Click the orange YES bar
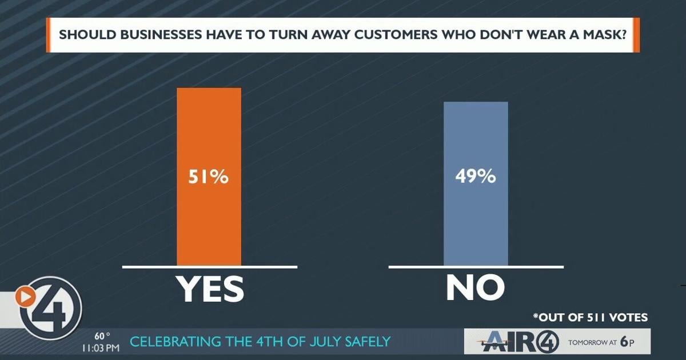click(x=209, y=177)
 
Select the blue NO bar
click(x=476, y=183)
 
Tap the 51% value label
click(x=209, y=177)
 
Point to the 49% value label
click(x=476, y=177)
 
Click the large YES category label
click(x=211, y=289)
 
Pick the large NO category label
click(x=475, y=288)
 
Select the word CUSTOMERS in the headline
click(x=396, y=35)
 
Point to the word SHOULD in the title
click(x=87, y=35)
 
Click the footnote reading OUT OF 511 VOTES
click(x=591, y=318)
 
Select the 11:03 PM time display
click(x=101, y=348)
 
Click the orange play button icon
click(x=25, y=297)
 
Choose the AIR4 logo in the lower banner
click(x=518, y=341)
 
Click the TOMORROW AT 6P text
click(x=601, y=342)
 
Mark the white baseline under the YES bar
click(x=210, y=267)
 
